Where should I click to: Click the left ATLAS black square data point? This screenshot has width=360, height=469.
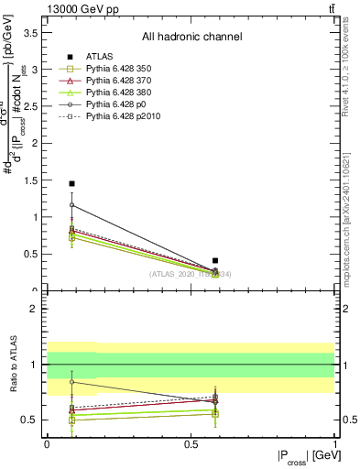(72, 184)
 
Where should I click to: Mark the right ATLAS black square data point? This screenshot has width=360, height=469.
(215, 261)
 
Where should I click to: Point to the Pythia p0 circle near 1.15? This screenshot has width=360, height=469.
(72, 205)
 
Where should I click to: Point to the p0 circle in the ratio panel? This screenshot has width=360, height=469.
(72, 382)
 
